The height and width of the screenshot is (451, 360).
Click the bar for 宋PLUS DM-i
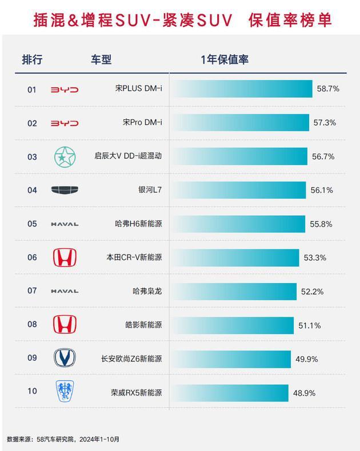241,89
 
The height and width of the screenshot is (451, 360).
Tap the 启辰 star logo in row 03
64,156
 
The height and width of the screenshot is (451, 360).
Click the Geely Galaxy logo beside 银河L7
64,190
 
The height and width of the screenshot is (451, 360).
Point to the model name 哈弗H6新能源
138,224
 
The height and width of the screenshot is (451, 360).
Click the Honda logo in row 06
64,257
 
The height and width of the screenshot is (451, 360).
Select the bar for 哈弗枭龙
234,291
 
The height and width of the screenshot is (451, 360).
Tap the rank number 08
32,325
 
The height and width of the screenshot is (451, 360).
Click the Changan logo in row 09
64,358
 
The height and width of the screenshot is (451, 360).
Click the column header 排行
32,59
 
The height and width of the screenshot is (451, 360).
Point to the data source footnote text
63,439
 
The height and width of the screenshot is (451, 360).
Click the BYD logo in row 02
64,123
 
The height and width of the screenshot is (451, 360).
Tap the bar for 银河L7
238,190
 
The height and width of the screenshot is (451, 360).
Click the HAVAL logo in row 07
64,291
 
